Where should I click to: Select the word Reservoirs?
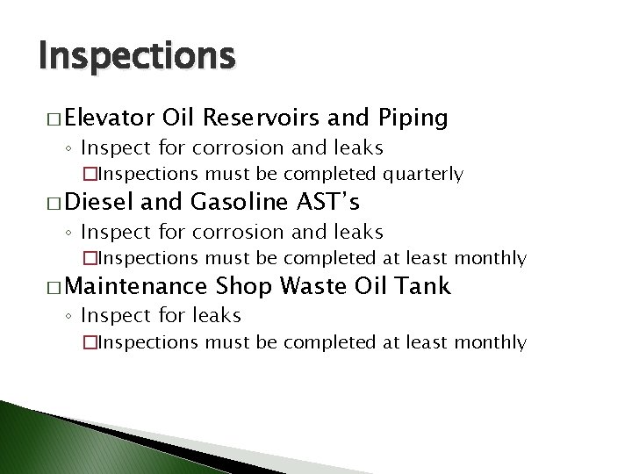[x=272, y=118]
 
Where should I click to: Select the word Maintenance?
[x=134, y=286]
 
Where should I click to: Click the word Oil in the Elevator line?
[x=178, y=118]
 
